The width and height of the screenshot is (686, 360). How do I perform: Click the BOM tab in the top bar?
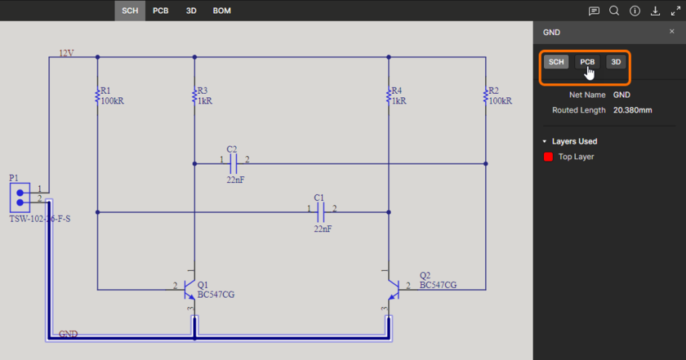tap(221, 11)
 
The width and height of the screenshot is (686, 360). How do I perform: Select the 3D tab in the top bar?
tap(191, 11)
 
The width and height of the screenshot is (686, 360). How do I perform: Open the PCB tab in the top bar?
tap(160, 11)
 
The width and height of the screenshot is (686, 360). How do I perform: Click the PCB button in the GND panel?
tap(587, 62)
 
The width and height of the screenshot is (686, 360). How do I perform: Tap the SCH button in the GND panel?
tap(556, 62)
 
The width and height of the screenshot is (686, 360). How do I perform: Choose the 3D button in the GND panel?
tap(617, 62)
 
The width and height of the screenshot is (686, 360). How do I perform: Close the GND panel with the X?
tap(672, 32)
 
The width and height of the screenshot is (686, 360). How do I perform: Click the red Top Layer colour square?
tap(548, 157)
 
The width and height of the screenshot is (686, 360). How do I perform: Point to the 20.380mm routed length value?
tap(632, 109)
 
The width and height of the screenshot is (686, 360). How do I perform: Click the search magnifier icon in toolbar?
tap(614, 11)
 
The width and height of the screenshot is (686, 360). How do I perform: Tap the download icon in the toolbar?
tap(655, 11)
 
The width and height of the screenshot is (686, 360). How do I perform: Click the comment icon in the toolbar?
tap(594, 11)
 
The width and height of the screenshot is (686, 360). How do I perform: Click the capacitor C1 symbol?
tap(321, 212)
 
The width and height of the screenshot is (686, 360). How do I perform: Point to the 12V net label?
tap(66, 53)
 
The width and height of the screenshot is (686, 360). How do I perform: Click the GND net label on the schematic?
tap(69, 335)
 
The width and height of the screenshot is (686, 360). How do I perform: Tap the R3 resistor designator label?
tap(203, 91)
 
